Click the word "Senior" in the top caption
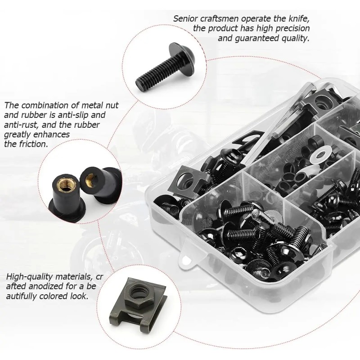tap(186, 18)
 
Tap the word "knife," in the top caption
tap(296, 18)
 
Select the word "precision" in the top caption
tap(288, 28)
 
